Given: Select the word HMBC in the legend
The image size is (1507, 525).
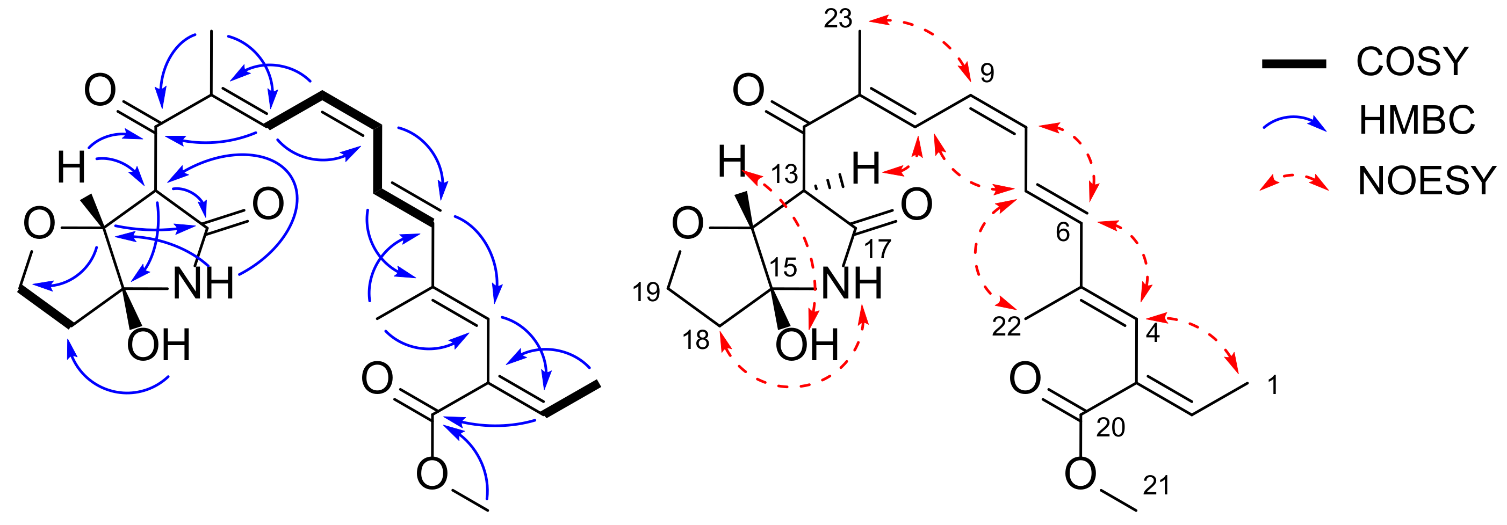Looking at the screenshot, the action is pyautogui.click(x=1416, y=120).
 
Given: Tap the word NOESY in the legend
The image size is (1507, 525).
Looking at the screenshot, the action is pyautogui.click(x=1427, y=181).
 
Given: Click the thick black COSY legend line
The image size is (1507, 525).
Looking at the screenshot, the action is pyautogui.click(x=1294, y=64).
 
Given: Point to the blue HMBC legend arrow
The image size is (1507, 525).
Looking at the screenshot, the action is pyautogui.click(x=1294, y=122).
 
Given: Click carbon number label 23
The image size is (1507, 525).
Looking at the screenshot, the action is pyautogui.click(x=838, y=19).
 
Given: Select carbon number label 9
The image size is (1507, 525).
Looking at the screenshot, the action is pyautogui.click(x=987, y=72).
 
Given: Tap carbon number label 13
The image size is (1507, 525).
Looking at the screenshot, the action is pyautogui.click(x=784, y=174).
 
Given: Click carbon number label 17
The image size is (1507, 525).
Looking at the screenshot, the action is pyautogui.click(x=877, y=249).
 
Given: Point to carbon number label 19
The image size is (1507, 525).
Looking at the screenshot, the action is pyautogui.click(x=646, y=291).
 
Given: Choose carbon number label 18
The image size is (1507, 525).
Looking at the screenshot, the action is pyautogui.click(x=696, y=340).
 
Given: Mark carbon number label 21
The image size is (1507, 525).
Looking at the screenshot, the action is pyautogui.click(x=1156, y=485).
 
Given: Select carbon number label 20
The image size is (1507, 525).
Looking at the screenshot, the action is pyautogui.click(x=1111, y=428).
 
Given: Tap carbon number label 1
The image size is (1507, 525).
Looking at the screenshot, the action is pyautogui.click(x=1272, y=385).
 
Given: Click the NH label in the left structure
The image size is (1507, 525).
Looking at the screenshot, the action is pyautogui.click(x=204, y=284).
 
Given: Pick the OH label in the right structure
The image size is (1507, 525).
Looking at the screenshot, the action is pyautogui.click(x=807, y=345).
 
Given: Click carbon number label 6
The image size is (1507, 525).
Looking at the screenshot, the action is pyautogui.click(x=1063, y=232).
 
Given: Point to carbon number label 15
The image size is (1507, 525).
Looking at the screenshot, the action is pyautogui.click(x=783, y=268).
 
